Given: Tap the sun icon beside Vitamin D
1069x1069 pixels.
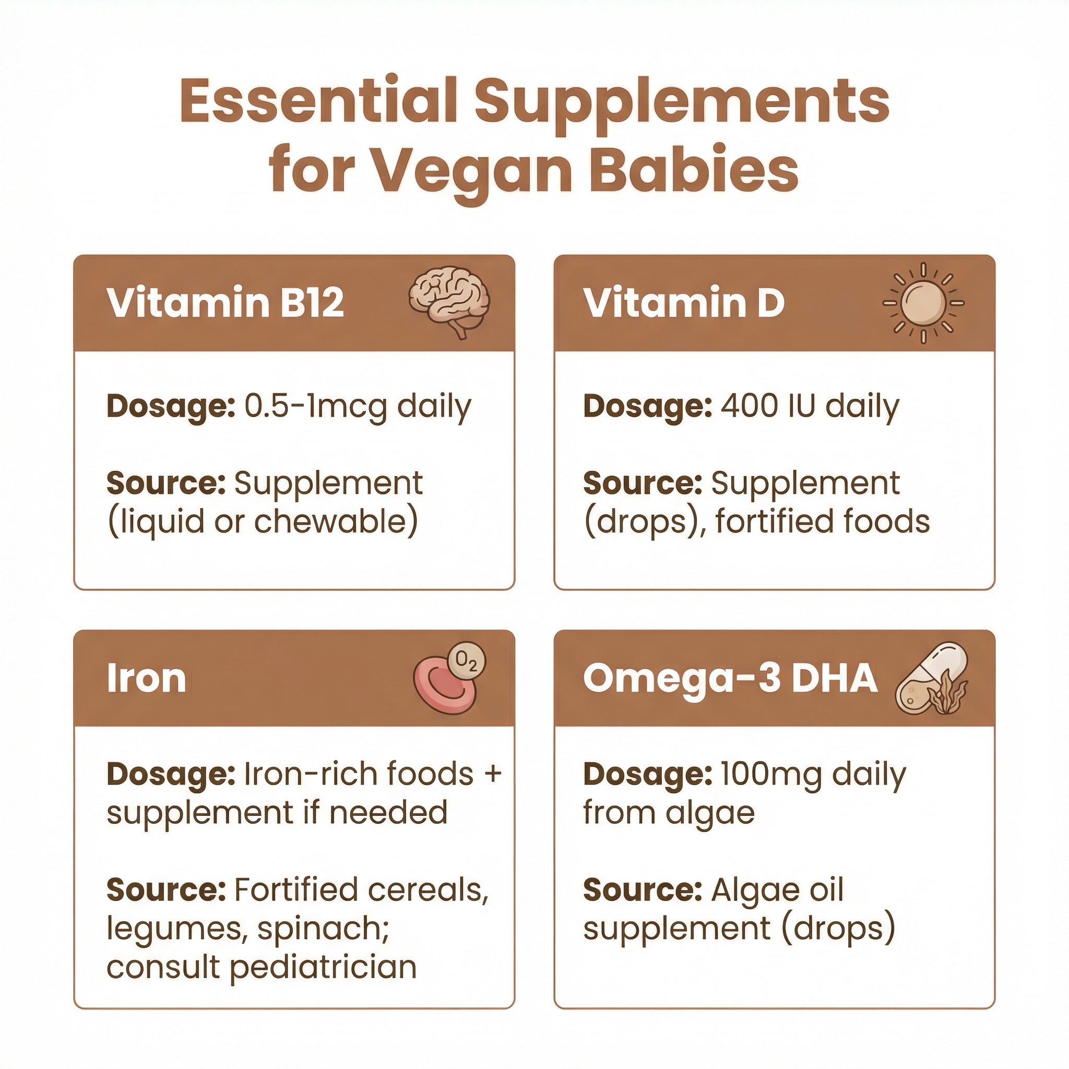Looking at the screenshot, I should pyautogui.click(x=923, y=303).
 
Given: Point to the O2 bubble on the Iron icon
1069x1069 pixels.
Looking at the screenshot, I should pyautogui.click(x=467, y=661).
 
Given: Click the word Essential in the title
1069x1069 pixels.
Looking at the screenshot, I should pyautogui.click(x=318, y=102).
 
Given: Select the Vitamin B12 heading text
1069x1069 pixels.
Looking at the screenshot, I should pyautogui.click(x=225, y=303).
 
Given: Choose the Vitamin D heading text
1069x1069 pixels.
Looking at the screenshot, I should pyautogui.click(x=684, y=303).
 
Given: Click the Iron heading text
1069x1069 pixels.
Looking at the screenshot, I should pyautogui.click(x=146, y=679).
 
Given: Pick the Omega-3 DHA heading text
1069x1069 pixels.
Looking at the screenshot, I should pyautogui.click(x=730, y=679).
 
